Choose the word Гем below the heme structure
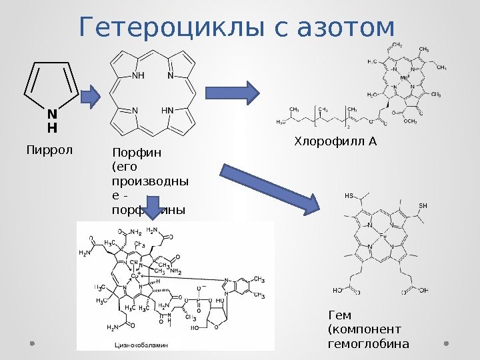(x=340, y=315)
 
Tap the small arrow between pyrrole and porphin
(x=91, y=97)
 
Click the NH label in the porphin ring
(x=138, y=75)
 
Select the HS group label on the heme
(x=349, y=197)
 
